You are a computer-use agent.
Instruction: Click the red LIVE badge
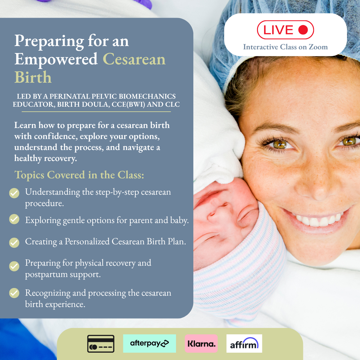pyautogui.click(x=285, y=30)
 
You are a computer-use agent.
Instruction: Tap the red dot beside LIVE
pyautogui.click(x=303, y=30)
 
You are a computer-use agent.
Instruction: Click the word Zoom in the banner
pyautogui.click(x=318, y=47)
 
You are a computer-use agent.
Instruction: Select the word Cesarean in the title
pyautogui.click(x=134, y=59)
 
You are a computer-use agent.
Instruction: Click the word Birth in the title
pyautogui.click(x=33, y=77)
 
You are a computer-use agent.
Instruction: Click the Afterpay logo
pyautogui.click(x=149, y=343)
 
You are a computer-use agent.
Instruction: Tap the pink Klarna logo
pyautogui.click(x=201, y=343)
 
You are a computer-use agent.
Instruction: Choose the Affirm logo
pyautogui.click(x=244, y=343)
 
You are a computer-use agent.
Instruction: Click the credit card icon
pyautogui.click(x=101, y=344)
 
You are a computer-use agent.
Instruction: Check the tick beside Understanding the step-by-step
pyautogui.click(x=14, y=193)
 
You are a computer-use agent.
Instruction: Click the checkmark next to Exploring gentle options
pyautogui.click(x=14, y=219)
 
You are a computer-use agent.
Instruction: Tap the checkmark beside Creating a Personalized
pyautogui.click(x=14, y=242)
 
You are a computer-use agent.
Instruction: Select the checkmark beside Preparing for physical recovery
pyautogui.click(x=14, y=266)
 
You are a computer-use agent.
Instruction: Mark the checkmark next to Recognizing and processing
pyautogui.click(x=14, y=293)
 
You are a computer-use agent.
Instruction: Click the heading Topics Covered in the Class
pyautogui.click(x=79, y=175)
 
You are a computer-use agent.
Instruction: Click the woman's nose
pyautogui.click(x=316, y=184)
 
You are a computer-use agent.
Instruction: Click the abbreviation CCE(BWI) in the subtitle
pyautogui.click(x=128, y=104)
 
